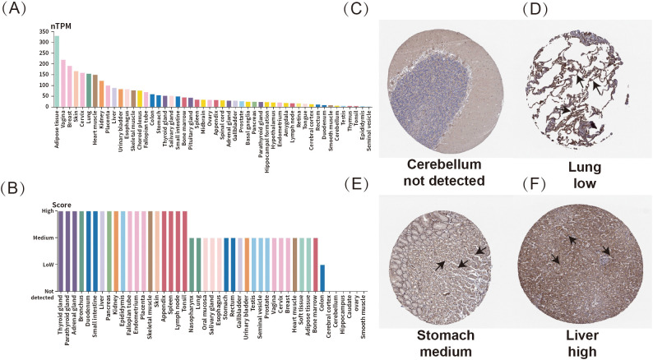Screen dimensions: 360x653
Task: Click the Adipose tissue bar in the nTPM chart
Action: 57,71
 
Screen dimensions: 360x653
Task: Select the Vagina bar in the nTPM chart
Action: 63,83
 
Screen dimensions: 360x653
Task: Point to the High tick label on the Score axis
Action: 44,211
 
